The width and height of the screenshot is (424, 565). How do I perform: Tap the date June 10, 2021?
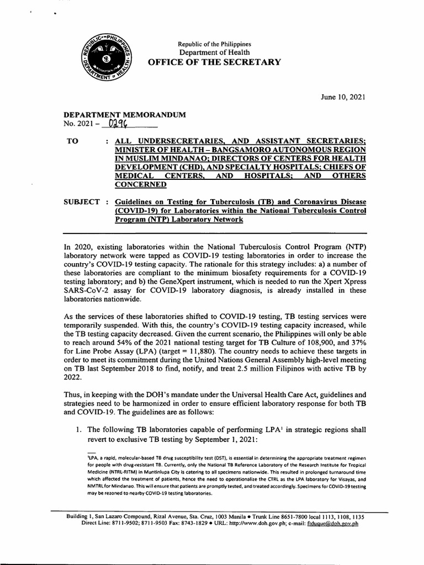click(342, 97)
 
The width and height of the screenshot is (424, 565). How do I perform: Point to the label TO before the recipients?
click(72, 141)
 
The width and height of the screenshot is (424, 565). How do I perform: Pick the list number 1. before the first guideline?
click(79, 429)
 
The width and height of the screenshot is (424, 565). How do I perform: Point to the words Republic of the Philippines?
click(214, 44)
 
